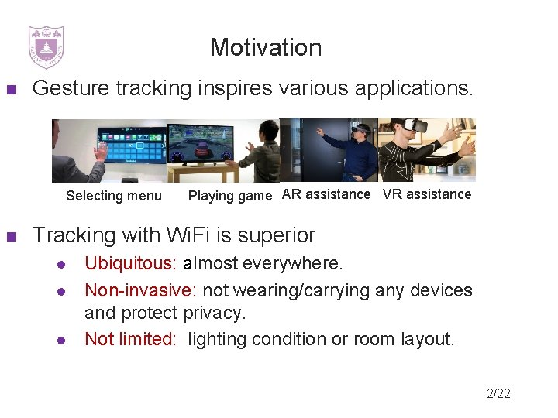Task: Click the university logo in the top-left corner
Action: [x=46, y=47]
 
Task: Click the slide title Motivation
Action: [x=265, y=48]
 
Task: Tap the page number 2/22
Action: [x=498, y=394]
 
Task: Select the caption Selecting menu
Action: [x=114, y=196]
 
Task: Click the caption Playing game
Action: [x=230, y=196]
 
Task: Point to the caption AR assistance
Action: [x=326, y=194]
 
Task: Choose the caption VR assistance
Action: [x=427, y=194]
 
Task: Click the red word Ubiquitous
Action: [x=129, y=264]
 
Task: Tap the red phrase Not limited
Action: [x=129, y=339]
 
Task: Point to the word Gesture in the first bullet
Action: [x=72, y=88]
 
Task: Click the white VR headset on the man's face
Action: [x=418, y=125]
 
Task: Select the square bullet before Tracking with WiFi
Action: [x=11, y=236]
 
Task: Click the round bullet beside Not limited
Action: [x=60, y=340]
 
